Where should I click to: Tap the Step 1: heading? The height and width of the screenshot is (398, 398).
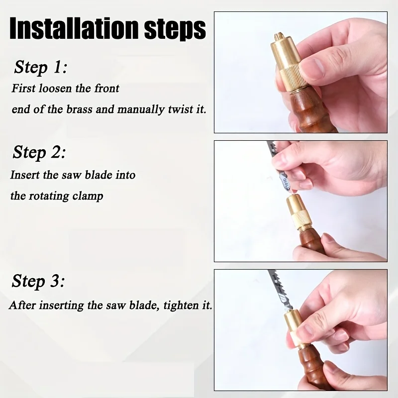40,67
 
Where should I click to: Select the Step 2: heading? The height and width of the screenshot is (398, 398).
39,152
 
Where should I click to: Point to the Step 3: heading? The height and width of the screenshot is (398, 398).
38,282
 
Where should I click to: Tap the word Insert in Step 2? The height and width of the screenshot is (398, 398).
24,175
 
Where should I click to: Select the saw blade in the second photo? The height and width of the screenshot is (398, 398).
275,159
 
